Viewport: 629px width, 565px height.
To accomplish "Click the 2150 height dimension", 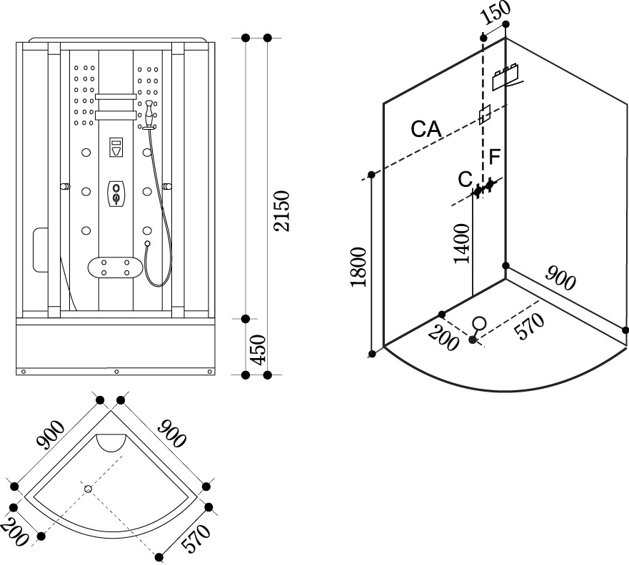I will (283, 210).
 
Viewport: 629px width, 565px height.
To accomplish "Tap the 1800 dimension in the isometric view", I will (358, 266).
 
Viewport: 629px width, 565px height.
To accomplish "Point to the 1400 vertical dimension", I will (462, 243).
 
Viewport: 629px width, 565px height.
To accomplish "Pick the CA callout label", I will (426, 129).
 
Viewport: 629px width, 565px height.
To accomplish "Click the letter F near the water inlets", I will (495, 156).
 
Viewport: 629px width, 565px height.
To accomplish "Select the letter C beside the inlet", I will (465, 178).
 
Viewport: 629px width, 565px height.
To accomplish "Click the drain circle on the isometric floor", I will (480, 322).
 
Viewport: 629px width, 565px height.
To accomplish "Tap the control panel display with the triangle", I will (116, 148).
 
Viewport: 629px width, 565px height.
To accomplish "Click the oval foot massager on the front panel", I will (115, 268).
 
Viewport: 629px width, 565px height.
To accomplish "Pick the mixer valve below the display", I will (116, 193).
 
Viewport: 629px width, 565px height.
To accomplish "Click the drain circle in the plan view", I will (89, 489).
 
